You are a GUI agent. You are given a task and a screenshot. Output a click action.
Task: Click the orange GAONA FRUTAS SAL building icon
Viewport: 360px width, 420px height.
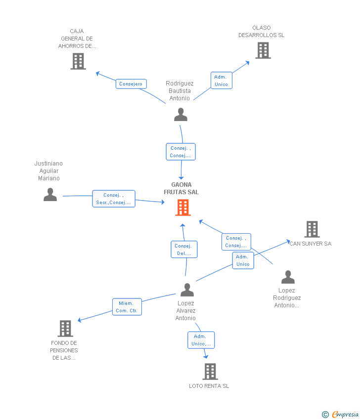click(183, 208)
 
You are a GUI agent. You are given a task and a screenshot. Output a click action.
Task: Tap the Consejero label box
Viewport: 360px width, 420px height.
click(131, 84)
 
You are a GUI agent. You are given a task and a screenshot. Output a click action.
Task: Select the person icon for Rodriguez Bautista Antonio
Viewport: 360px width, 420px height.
click(180, 114)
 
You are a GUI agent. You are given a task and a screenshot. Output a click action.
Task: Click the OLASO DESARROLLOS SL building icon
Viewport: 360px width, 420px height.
click(263, 50)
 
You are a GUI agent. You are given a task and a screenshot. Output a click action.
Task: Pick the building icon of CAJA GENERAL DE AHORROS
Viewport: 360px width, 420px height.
click(78, 61)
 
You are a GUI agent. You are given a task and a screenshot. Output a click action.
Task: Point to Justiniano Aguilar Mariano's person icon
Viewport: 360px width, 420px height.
click(50, 195)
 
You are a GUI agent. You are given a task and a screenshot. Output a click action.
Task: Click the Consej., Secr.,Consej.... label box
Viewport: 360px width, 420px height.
click(114, 199)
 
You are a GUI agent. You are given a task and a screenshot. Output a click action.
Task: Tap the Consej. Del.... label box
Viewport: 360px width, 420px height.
click(184, 250)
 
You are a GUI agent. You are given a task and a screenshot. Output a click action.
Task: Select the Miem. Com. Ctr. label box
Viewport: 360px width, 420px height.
click(127, 307)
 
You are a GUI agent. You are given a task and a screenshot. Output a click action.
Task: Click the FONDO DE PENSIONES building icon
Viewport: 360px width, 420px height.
click(65, 329)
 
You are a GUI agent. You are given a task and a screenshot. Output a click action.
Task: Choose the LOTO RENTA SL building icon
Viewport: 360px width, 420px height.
click(210, 372)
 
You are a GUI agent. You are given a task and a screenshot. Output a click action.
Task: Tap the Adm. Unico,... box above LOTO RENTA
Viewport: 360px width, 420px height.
click(201, 340)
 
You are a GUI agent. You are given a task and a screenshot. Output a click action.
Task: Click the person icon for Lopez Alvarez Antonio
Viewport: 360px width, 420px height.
click(187, 290)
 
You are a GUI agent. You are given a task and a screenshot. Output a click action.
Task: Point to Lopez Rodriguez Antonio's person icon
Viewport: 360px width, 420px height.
click(288, 277)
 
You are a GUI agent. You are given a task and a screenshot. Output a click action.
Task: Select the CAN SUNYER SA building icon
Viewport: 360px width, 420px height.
click(312, 229)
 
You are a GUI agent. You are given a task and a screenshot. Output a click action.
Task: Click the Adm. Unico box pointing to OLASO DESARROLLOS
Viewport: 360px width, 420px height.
click(222, 81)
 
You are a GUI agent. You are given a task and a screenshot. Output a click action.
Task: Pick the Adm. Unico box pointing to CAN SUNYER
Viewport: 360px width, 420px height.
click(243, 260)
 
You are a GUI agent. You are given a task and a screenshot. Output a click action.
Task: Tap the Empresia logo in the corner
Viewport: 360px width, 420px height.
click(340, 415)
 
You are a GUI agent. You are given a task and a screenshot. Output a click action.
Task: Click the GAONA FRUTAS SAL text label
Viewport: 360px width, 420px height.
click(181, 188)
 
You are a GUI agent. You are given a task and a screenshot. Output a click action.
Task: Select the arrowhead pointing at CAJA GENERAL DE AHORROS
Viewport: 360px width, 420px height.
click(98, 74)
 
